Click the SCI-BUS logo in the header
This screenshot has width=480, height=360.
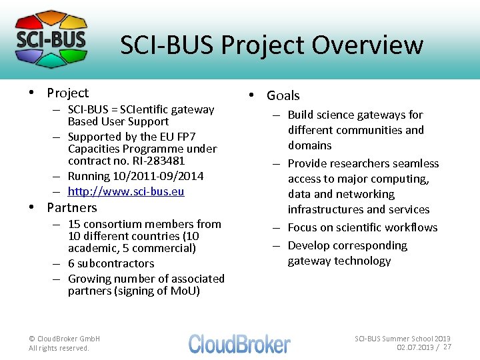[x=51, y=39]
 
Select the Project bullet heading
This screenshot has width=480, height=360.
[x=67, y=93]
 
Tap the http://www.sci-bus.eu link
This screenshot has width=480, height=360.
[x=126, y=191]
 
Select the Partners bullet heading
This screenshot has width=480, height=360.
[x=71, y=207]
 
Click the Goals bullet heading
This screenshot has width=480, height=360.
[x=283, y=95]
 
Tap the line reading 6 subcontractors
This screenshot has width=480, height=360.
[x=111, y=263]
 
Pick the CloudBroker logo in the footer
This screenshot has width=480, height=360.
[x=239, y=344]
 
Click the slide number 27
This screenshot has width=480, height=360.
[x=447, y=347]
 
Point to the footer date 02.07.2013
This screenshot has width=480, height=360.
[x=415, y=347]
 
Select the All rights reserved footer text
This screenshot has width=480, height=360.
[x=59, y=348]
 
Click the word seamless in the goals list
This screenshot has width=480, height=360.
[x=416, y=163]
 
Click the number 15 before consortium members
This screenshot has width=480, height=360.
[x=74, y=224]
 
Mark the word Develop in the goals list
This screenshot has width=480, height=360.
[x=309, y=245]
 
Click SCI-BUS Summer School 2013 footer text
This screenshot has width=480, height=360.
[x=403, y=339]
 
